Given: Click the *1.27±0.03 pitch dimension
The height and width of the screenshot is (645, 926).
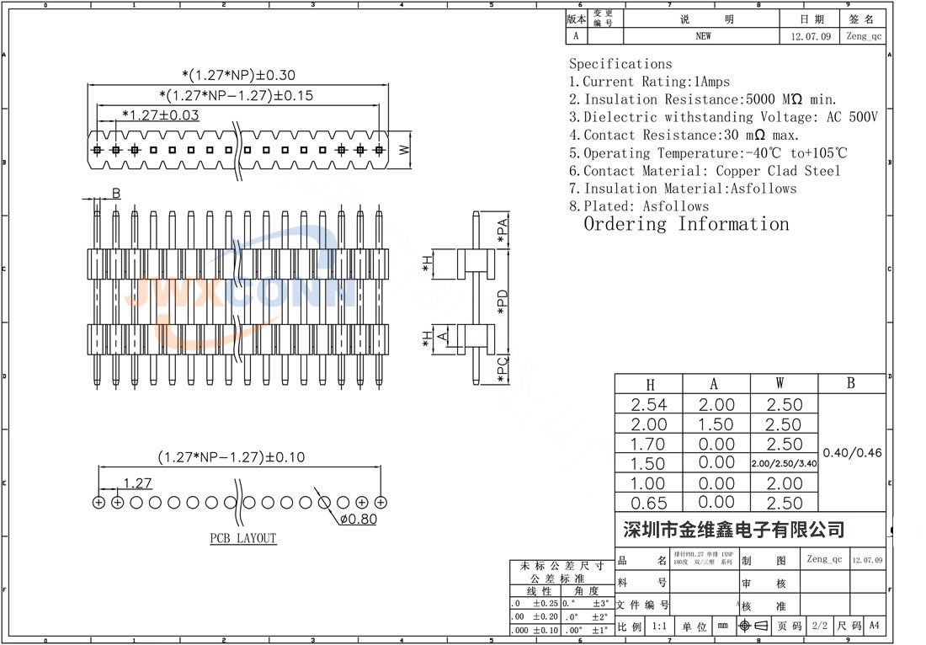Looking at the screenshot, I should pyautogui.click(x=161, y=115).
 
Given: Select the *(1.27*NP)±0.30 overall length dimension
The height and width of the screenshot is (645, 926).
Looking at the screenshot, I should pyautogui.click(x=239, y=75).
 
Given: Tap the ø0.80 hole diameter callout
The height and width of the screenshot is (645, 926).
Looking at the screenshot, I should pyautogui.click(x=358, y=519).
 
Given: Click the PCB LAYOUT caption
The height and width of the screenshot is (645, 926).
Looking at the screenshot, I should pyautogui.click(x=243, y=538).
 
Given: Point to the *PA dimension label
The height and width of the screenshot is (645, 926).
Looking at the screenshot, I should pyautogui.click(x=503, y=231).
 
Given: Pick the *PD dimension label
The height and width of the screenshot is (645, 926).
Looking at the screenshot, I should pyautogui.click(x=503, y=302).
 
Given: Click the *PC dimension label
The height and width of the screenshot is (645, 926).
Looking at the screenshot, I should pyautogui.click(x=503, y=369).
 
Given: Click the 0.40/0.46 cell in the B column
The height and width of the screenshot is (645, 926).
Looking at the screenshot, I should pyautogui.click(x=852, y=452).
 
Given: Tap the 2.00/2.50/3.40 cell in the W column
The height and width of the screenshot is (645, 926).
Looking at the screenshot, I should pyautogui.click(x=784, y=463).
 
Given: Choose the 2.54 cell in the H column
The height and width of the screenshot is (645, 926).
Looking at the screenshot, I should pyautogui.click(x=648, y=405).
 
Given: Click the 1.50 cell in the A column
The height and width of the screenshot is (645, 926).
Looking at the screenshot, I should pyautogui.click(x=716, y=424).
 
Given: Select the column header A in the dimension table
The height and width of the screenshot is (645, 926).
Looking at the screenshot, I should pyautogui.click(x=715, y=384).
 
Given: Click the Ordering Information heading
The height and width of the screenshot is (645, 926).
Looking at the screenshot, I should pyautogui.click(x=686, y=224).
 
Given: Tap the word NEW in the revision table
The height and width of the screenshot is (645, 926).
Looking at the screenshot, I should pyautogui.click(x=703, y=36).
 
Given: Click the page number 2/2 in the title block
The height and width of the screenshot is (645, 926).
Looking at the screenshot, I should pyautogui.click(x=817, y=626).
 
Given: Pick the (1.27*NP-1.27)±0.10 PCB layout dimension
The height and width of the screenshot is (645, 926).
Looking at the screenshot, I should pyautogui.click(x=231, y=457).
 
